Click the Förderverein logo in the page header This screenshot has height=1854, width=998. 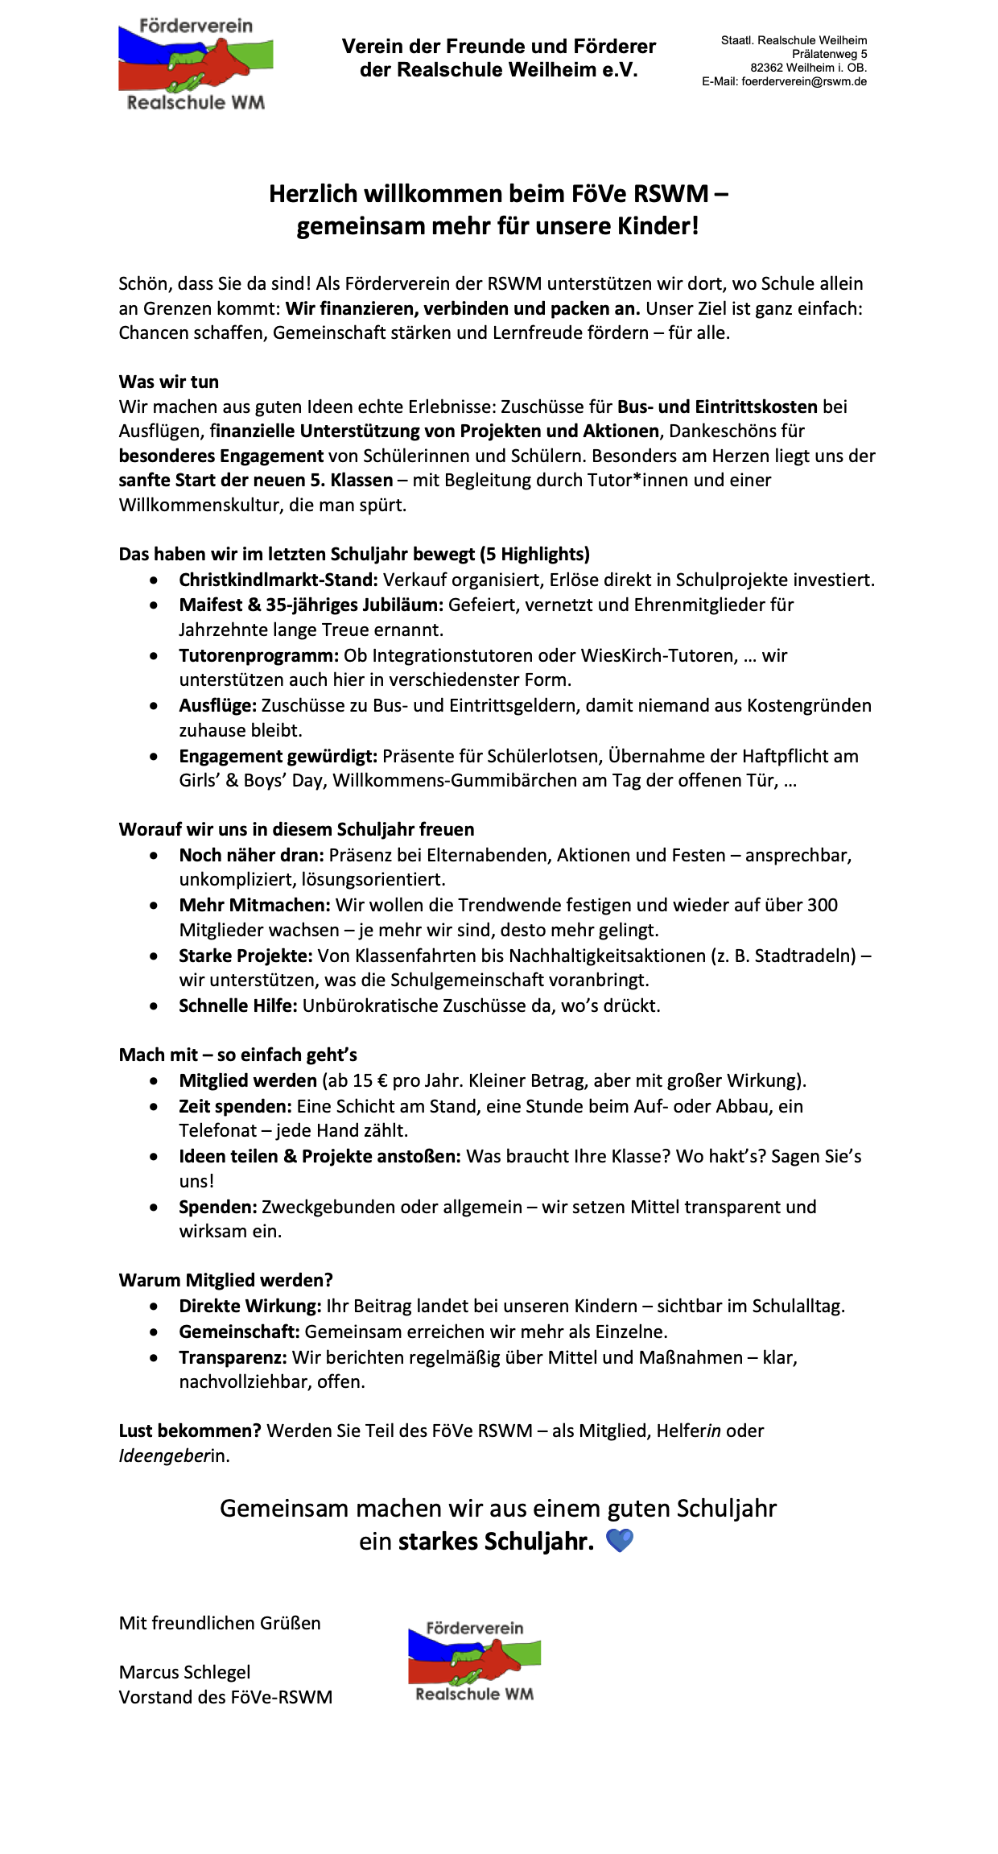pos(196,64)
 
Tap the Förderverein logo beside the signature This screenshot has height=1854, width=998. pos(474,1661)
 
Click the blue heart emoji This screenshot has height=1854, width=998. pos(619,1541)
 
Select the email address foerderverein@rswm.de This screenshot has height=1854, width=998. pos(804,81)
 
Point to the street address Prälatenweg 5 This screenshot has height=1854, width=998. pos(829,54)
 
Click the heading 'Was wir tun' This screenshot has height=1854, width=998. pos(169,382)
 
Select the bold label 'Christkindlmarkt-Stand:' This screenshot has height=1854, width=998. pos(278,580)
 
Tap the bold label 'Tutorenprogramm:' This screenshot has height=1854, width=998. pos(258,655)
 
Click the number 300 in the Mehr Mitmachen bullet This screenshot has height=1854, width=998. pos(823,905)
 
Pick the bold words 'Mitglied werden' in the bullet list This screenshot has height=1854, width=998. pos(248,1080)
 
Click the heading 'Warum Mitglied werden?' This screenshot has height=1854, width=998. pos(225,1280)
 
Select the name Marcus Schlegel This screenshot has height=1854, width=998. pos(184,1672)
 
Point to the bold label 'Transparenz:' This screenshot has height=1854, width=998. pos(233,1357)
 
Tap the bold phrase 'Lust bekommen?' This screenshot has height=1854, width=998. pos(190,1431)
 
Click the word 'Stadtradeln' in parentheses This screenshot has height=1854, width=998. pos(805,956)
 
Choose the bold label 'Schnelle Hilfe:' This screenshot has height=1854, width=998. pos(238,1005)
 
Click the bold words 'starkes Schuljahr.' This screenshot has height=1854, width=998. pos(496,1542)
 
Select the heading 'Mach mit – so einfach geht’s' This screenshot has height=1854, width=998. pos(237,1055)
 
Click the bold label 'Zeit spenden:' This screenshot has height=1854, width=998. pos(235,1106)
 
